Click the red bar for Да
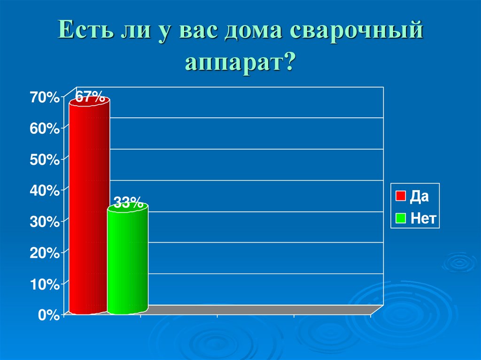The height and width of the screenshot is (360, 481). click(x=89, y=207)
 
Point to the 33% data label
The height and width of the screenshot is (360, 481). click(x=128, y=203)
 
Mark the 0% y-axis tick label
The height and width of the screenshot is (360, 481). click(x=48, y=315)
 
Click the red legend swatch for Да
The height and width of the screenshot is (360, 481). click(x=400, y=196)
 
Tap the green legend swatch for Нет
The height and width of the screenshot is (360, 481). click(x=400, y=218)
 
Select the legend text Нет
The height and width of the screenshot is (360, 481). click(x=423, y=218)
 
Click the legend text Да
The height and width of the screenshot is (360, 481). click(x=419, y=196)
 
